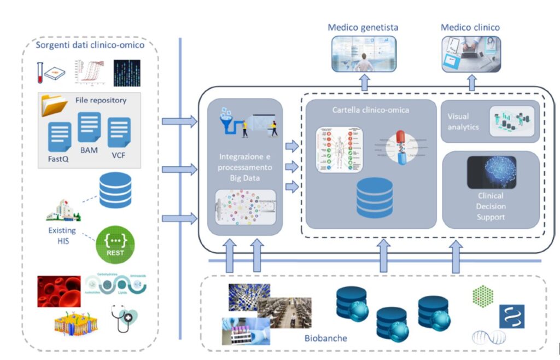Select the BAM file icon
(x=89, y=127)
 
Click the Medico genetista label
(x=363, y=27)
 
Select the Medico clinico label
(x=470, y=27)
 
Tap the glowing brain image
(x=491, y=172)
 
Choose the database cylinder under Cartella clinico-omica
(x=374, y=198)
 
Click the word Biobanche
(x=325, y=338)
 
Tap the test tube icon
(x=40, y=72)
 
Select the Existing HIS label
(x=62, y=235)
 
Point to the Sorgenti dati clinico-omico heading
(x=90, y=45)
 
